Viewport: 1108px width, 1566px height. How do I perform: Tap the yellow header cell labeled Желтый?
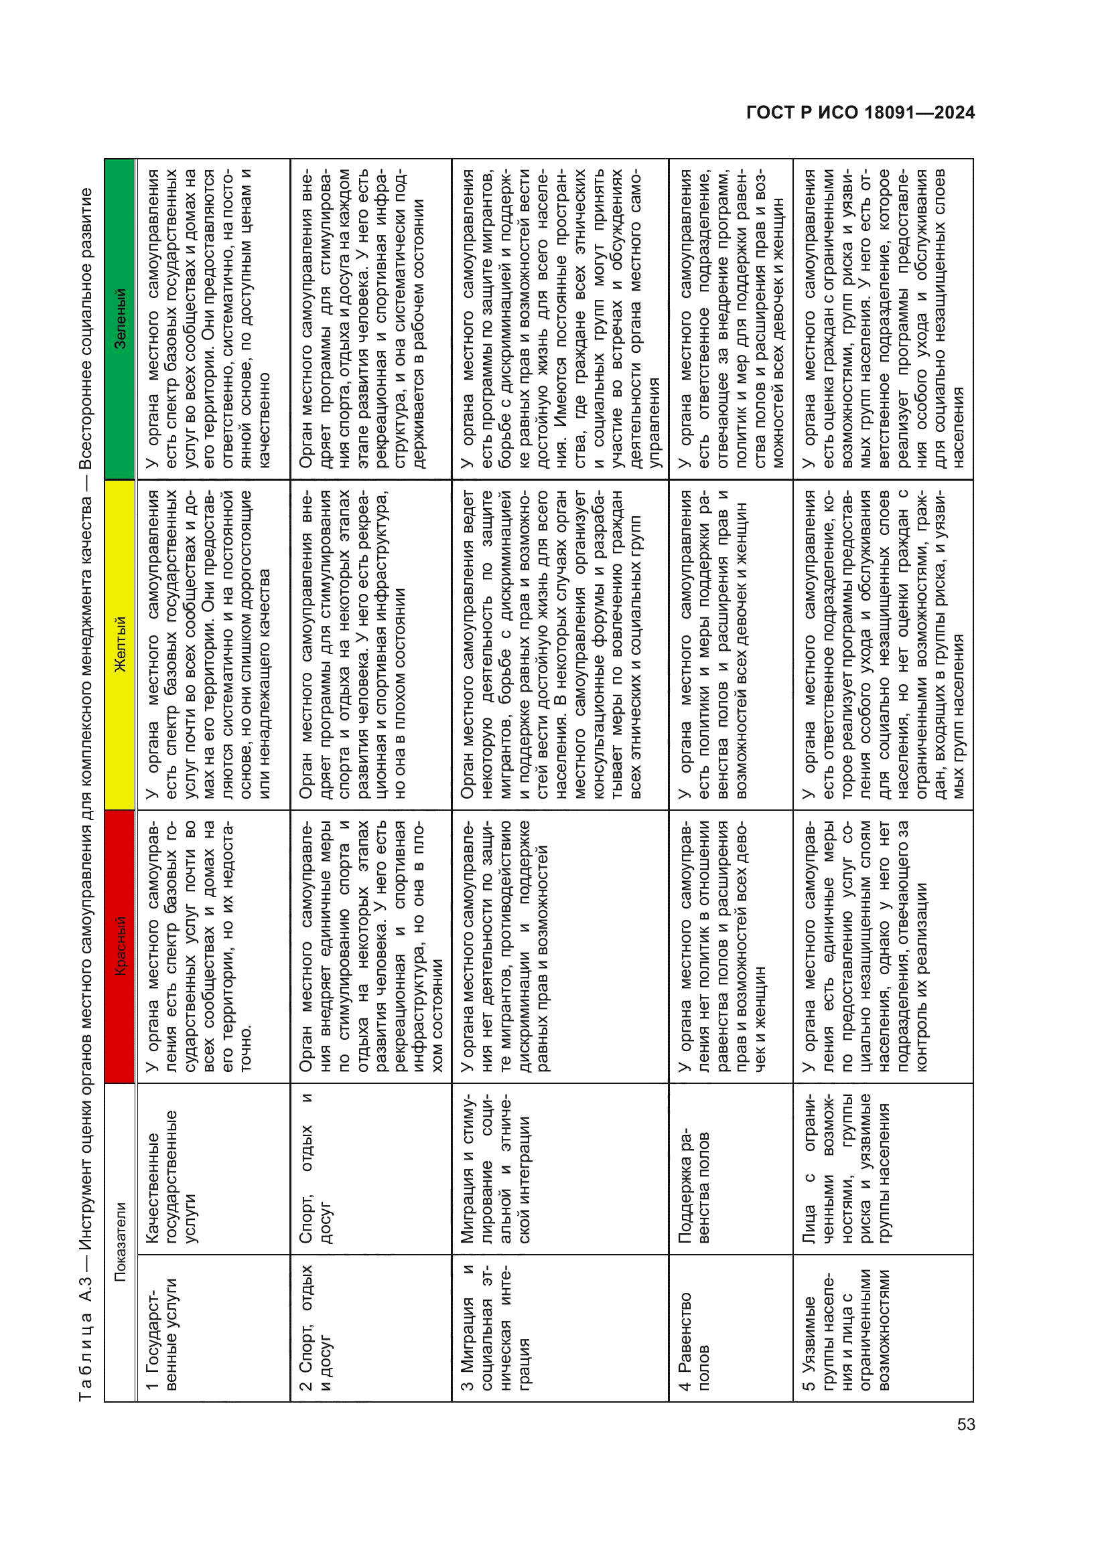pyautogui.click(x=120, y=645)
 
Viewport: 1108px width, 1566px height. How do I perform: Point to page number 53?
pyautogui.click(x=965, y=1424)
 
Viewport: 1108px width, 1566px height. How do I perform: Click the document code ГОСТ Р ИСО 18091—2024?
pyautogui.click(x=860, y=112)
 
